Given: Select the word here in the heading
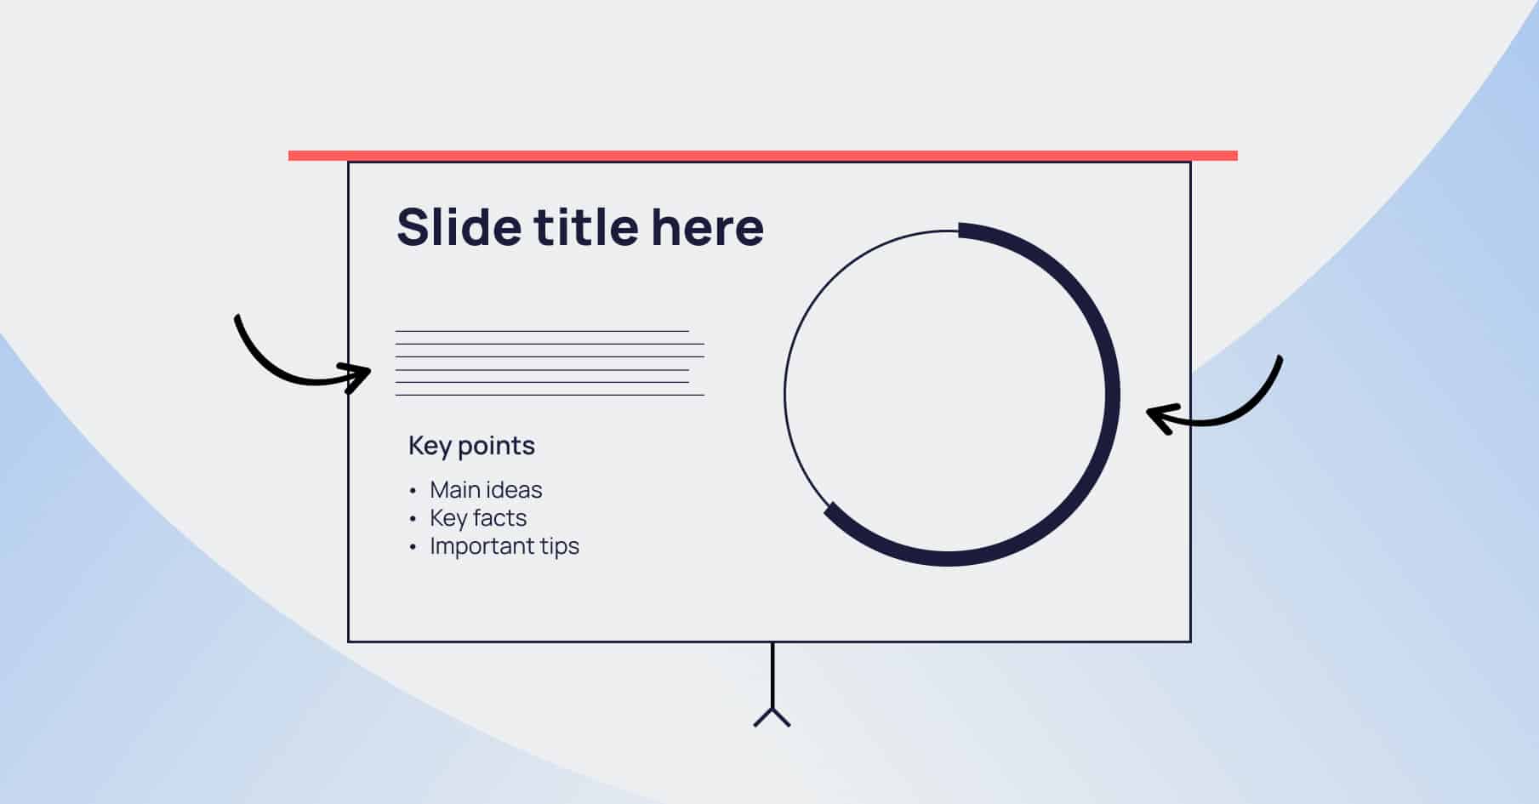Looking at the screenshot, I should pyautogui.click(x=707, y=227).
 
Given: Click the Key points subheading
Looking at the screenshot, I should pyautogui.click(x=471, y=446).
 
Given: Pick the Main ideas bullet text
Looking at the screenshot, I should pyautogui.click(x=486, y=490).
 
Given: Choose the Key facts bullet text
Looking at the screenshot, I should pyautogui.click(x=478, y=518).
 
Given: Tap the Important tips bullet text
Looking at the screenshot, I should pyautogui.click(x=504, y=546).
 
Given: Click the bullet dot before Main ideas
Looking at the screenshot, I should pyautogui.click(x=413, y=491).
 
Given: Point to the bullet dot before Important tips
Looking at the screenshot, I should pyautogui.click(x=413, y=547).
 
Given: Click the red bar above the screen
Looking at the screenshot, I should pyautogui.click(x=762, y=156).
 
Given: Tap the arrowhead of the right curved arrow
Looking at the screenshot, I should pyautogui.click(x=1158, y=417).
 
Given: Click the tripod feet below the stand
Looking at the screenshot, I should pyautogui.click(x=772, y=718).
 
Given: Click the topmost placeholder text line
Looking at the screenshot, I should pyautogui.click(x=542, y=331).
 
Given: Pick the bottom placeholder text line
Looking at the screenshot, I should pyautogui.click(x=550, y=395).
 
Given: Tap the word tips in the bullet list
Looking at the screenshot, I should pyautogui.click(x=559, y=546).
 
